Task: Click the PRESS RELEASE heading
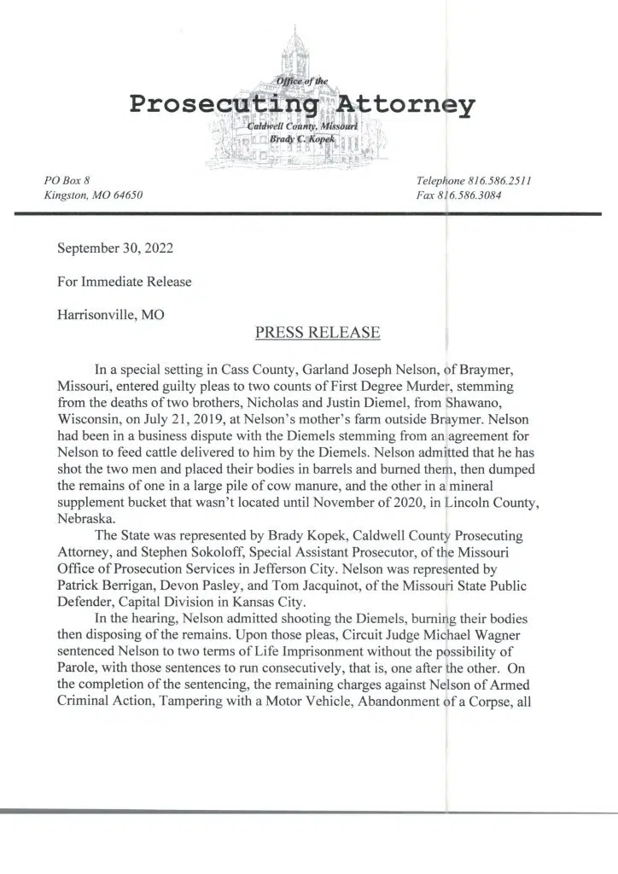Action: [318, 333]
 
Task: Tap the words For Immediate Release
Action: [124, 281]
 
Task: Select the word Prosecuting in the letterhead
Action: [224, 105]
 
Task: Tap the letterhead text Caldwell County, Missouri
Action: [292, 126]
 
